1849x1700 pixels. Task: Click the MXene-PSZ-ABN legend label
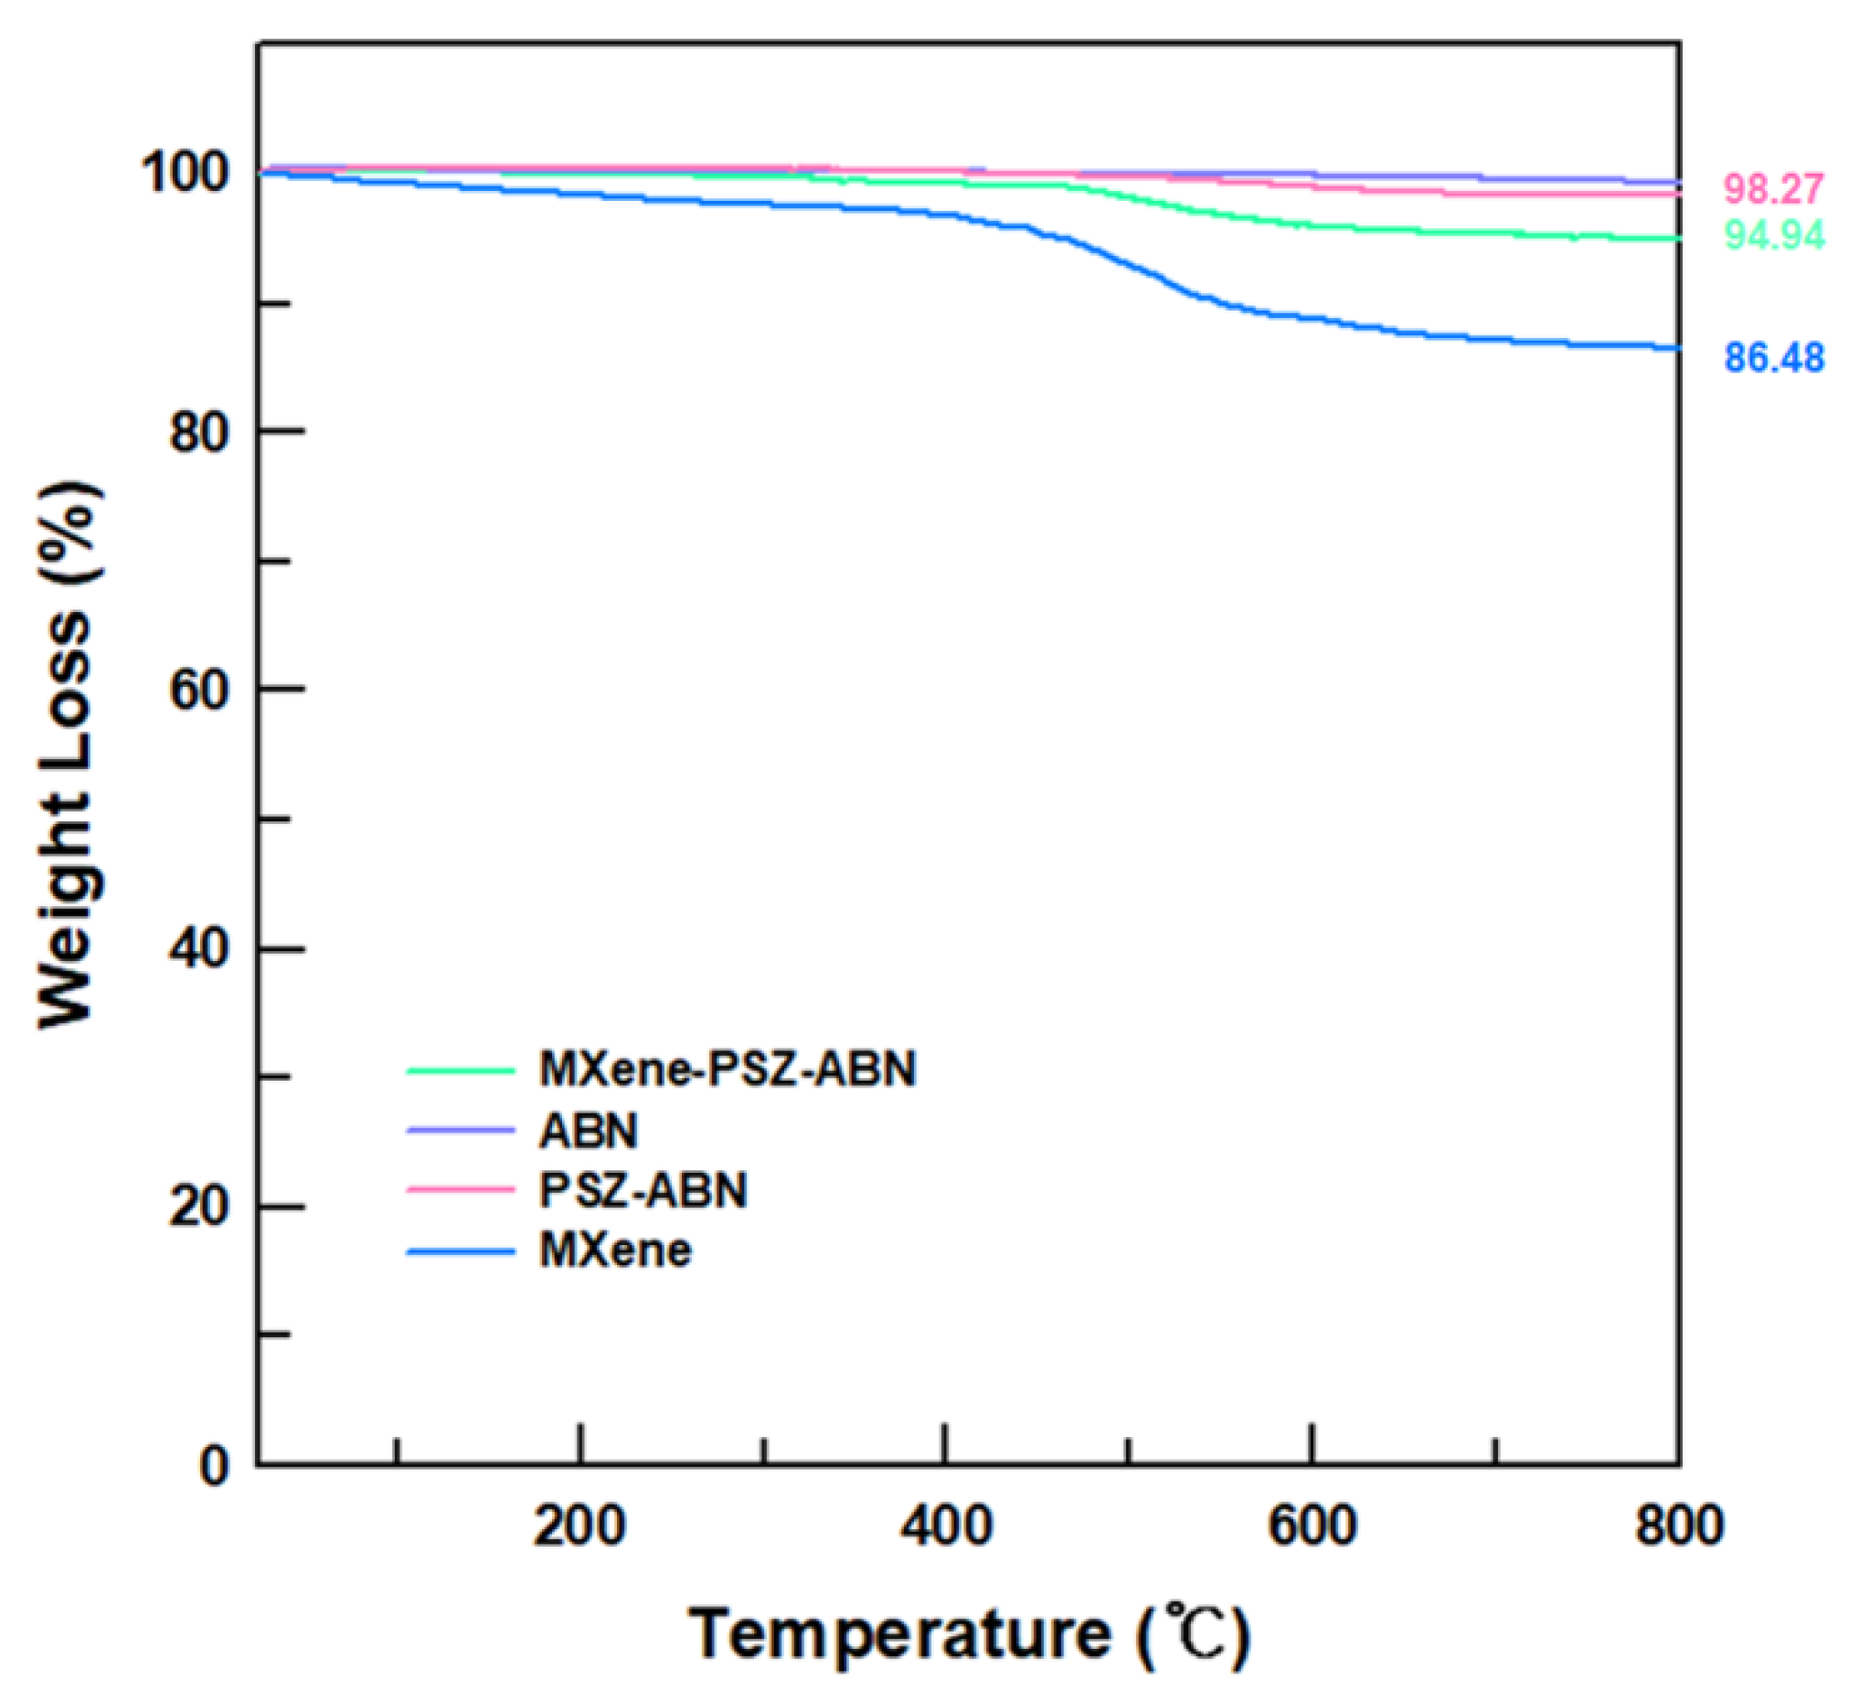pos(728,1070)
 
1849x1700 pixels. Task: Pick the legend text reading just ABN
pos(588,1131)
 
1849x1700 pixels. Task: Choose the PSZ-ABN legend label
pos(643,1191)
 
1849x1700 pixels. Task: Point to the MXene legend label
pos(615,1251)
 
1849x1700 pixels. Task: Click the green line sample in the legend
pos(460,1071)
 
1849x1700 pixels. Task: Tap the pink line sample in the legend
pos(460,1190)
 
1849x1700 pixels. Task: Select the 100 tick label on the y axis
pos(183,173)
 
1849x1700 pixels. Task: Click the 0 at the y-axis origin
pos(214,1465)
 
